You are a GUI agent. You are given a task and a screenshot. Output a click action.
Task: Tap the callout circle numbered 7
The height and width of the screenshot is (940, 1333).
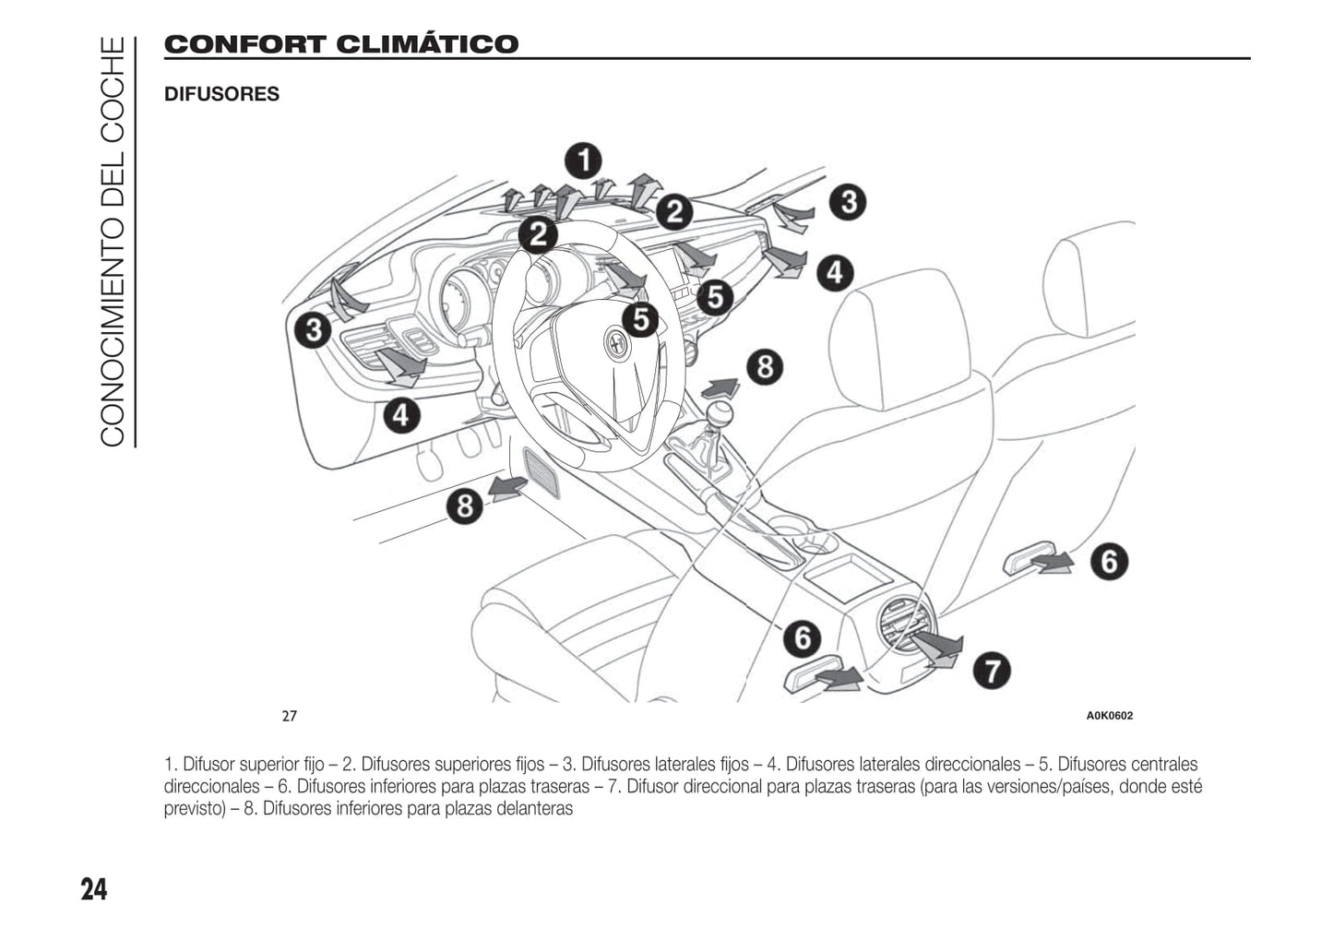tap(992, 670)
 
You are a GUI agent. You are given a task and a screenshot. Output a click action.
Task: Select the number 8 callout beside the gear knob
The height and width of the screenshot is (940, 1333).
tap(765, 366)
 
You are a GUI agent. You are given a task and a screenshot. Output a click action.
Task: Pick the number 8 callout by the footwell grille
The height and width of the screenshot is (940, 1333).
tap(465, 506)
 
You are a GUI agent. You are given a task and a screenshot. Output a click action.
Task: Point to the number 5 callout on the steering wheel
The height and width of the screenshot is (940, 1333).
tap(640, 319)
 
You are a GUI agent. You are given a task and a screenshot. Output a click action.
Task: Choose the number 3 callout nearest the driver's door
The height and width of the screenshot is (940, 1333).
tap(314, 329)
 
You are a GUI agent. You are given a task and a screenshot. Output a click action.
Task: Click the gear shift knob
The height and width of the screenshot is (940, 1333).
tap(720, 411)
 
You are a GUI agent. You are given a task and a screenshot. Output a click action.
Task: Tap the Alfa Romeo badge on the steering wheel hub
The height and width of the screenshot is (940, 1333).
tap(616, 344)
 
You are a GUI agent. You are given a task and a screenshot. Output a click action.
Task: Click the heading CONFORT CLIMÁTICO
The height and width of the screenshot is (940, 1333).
tap(341, 44)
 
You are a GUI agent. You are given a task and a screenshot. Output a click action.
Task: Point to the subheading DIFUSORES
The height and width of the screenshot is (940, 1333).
tap(221, 94)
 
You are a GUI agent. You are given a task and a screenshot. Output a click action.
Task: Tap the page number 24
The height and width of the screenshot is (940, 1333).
tap(93, 889)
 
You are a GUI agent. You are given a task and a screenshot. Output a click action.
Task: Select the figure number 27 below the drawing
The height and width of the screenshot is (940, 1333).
tap(290, 716)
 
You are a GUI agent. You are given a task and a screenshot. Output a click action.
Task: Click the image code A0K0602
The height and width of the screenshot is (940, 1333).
tap(1109, 716)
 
